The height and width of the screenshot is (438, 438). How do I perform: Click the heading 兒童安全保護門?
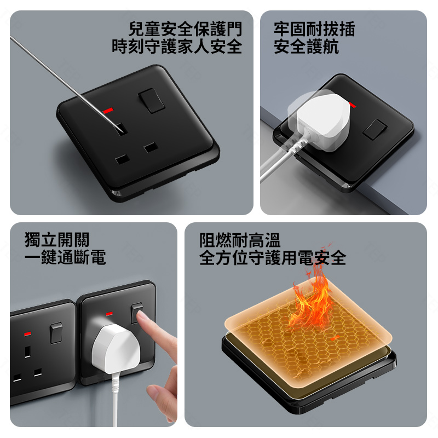click(x=185, y=29)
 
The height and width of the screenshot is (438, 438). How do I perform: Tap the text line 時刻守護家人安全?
click(x=177, y=47)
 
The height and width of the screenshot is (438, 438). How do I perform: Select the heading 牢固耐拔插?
click(x=314, y=29)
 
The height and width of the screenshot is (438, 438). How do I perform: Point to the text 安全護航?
click(x=306, y=47)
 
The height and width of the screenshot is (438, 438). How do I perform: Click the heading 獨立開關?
click(x=57, y=239)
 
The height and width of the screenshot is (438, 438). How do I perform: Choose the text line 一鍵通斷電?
click(x=65, y=257)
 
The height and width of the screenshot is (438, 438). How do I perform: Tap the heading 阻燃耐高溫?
click(x=240, y=240)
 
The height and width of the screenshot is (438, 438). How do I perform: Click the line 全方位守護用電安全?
click(x=273, y=258)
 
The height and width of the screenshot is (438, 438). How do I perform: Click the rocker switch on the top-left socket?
click(x=151, y=101)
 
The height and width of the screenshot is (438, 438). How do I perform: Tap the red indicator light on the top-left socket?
click(x=108, y=111)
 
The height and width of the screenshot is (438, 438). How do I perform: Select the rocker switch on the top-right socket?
click(x=375, y=129)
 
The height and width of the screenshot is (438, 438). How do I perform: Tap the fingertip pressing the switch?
click(x=142, y=316)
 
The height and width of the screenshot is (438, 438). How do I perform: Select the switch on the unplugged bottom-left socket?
click(x=56, y=333)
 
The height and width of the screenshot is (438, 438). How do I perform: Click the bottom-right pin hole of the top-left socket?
click(x=151, y=147)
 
